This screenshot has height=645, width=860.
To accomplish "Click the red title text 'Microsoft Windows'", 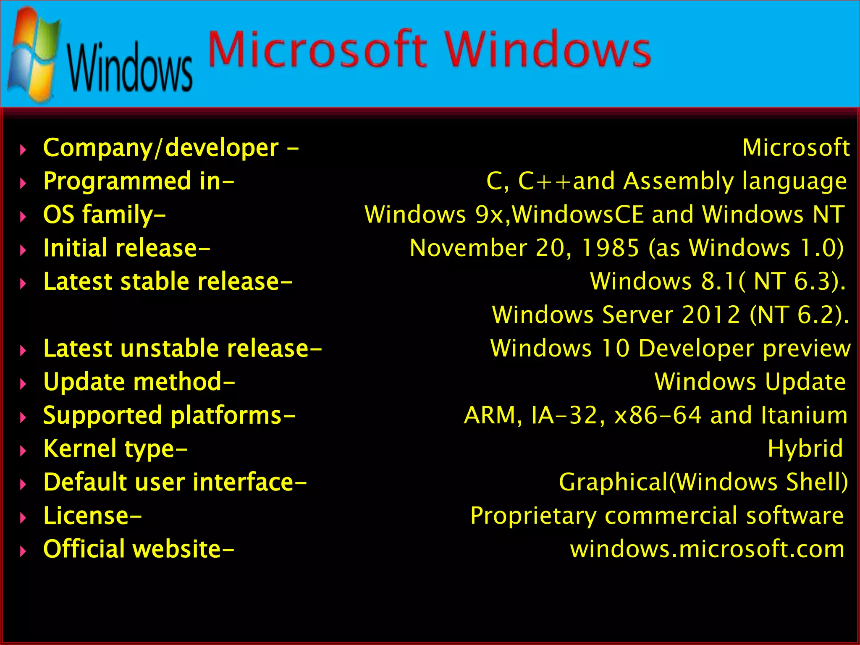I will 429,50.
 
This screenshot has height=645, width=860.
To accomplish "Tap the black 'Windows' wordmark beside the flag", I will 129,67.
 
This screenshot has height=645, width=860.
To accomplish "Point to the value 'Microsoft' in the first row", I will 796,148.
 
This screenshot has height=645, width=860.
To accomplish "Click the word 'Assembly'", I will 678,181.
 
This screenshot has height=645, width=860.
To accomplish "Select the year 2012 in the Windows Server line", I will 711,315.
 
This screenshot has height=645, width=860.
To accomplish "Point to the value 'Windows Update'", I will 750,382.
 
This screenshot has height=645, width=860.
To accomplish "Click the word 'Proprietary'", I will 533,516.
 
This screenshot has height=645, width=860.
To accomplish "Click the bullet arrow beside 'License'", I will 24,518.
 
